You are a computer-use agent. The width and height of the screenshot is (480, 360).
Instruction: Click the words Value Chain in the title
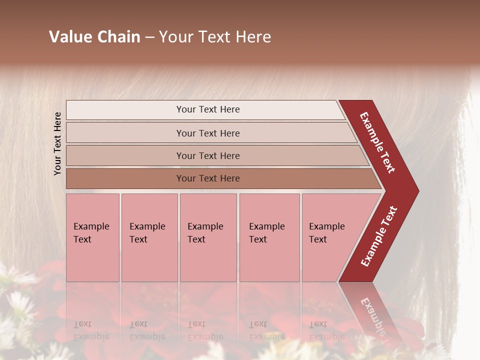pyautogui.click(x=94, y=37)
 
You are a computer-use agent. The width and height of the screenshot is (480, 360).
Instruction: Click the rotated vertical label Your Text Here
pyautogui.click(x=57, y=143)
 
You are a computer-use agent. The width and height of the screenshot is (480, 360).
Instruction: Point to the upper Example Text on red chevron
pyautogui.click(x=377, y=142)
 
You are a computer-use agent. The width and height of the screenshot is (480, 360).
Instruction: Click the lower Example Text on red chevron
pyautogui.click(x=379, y=236)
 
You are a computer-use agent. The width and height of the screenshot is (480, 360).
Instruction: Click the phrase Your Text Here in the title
pyautogui.click(x=215, y=37)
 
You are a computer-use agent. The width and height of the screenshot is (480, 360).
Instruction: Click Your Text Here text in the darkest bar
pyautogui.click(x=208, y=178)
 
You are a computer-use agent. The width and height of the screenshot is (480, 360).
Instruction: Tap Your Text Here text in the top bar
pyautogui.click(x=208, y=109)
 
